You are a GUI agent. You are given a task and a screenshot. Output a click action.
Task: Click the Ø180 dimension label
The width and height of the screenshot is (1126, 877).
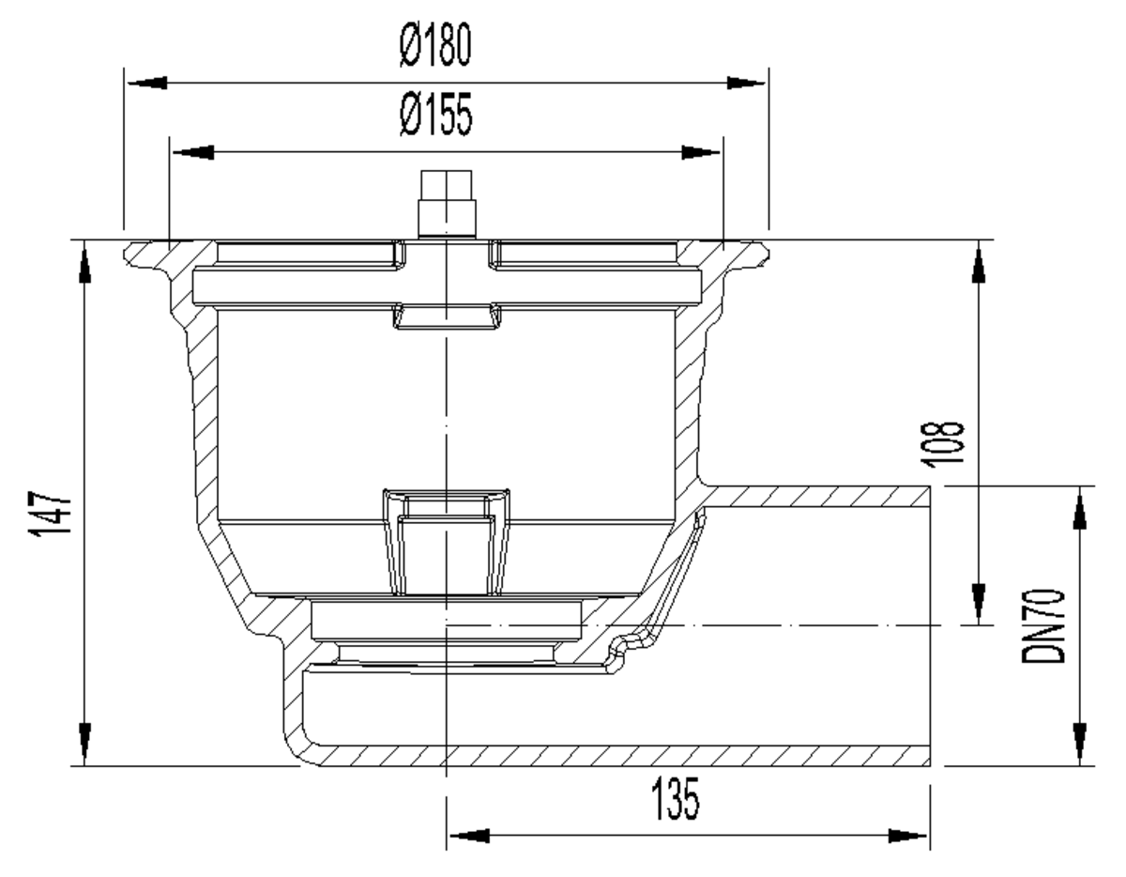(x=435, y=44)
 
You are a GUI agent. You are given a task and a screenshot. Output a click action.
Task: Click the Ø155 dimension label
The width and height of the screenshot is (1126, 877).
(x=436, y=115)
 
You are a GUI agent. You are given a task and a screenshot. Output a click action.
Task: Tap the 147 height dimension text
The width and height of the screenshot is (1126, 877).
(x=50, y=514)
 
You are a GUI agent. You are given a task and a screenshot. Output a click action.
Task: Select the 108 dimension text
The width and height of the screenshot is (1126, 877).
(x=942, y=444)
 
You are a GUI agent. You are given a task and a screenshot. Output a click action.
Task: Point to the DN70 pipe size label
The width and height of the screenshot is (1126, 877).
(x=1042, y=626)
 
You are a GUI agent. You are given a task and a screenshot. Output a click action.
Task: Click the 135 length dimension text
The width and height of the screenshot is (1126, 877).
(x=675, y=799)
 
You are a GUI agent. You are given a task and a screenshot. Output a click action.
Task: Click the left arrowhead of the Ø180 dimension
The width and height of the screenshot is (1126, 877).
(x=147, y=83)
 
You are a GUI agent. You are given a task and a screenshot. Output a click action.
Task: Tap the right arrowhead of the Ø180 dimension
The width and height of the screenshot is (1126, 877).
(x=746, y=83)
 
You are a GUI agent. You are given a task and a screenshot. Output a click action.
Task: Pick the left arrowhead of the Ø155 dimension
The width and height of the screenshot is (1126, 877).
(x=193, y=152)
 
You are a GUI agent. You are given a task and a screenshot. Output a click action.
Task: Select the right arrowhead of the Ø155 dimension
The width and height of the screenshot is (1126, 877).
(x=701, y=152)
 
